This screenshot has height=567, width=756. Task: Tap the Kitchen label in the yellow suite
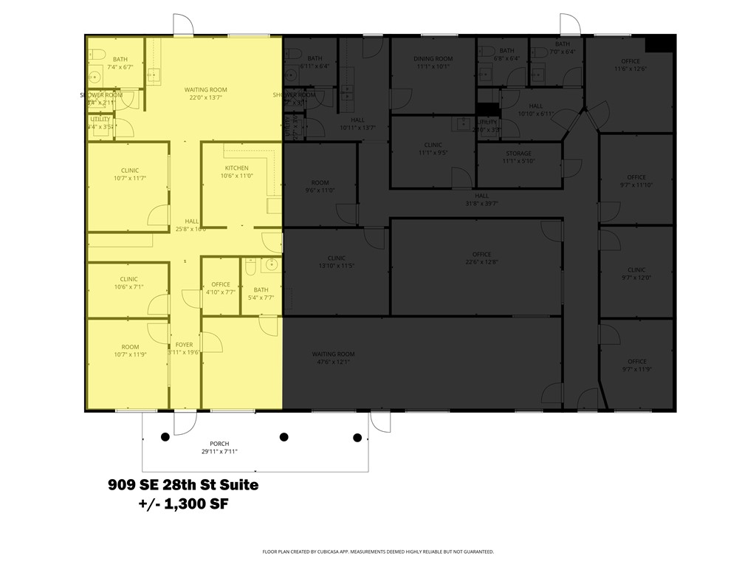click(x=236, y=172)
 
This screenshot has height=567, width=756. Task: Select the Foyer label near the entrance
click(x=184, y=348)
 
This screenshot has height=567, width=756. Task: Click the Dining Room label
click(x=433, y=63)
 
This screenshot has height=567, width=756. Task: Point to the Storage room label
click(x=518, y=157)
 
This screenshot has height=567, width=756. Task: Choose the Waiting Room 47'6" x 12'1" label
click(x=334, y=358)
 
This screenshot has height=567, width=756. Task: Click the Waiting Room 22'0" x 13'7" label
click(x=205, y=94)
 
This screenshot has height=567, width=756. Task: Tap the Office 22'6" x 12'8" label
click(x=482, y=258)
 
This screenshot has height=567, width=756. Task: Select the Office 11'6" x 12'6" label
click(x=630, y=65)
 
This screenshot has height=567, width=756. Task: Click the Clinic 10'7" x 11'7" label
click(x=129, y=174)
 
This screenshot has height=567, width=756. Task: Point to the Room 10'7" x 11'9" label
click(x=130, y=351)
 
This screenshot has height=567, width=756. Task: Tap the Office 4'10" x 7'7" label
click(x=220, y=288)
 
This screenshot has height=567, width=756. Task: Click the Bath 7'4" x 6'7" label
click(x=120, y=63)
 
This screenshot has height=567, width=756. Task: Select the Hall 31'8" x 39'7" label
click(x=481, y=200)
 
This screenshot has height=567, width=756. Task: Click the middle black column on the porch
click(x=283, y=436)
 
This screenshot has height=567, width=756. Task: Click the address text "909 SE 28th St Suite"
click(x=183, y=485)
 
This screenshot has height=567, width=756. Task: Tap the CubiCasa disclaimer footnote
click(x=377, y=551)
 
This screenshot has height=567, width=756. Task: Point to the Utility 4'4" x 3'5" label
click(x=100, y=123)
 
